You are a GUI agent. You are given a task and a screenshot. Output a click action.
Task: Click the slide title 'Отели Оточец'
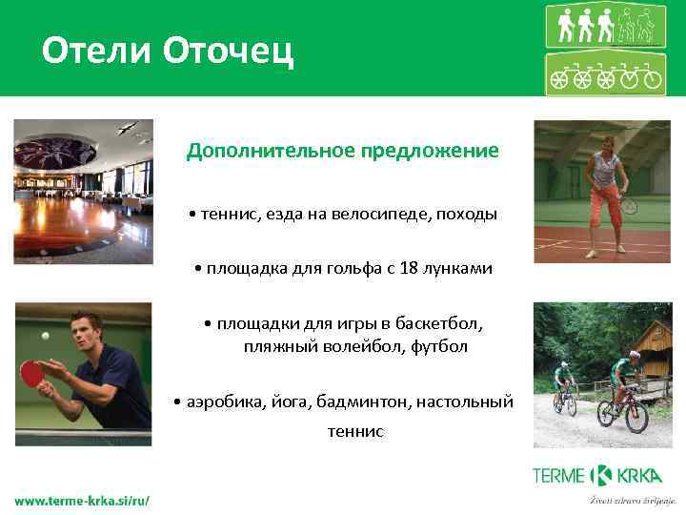coord(168,50)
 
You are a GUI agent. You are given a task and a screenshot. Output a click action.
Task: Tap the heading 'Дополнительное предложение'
coord(342,151)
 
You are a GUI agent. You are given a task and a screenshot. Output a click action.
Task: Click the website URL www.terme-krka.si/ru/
coord(82,500)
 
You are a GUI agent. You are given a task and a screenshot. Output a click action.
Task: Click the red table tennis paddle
coord(32,373)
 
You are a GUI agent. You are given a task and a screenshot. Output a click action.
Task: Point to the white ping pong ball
coord(45,336)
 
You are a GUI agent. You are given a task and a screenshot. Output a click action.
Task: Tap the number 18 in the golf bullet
coord(410,269)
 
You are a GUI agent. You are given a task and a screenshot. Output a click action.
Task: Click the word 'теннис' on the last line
coord(354,431)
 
